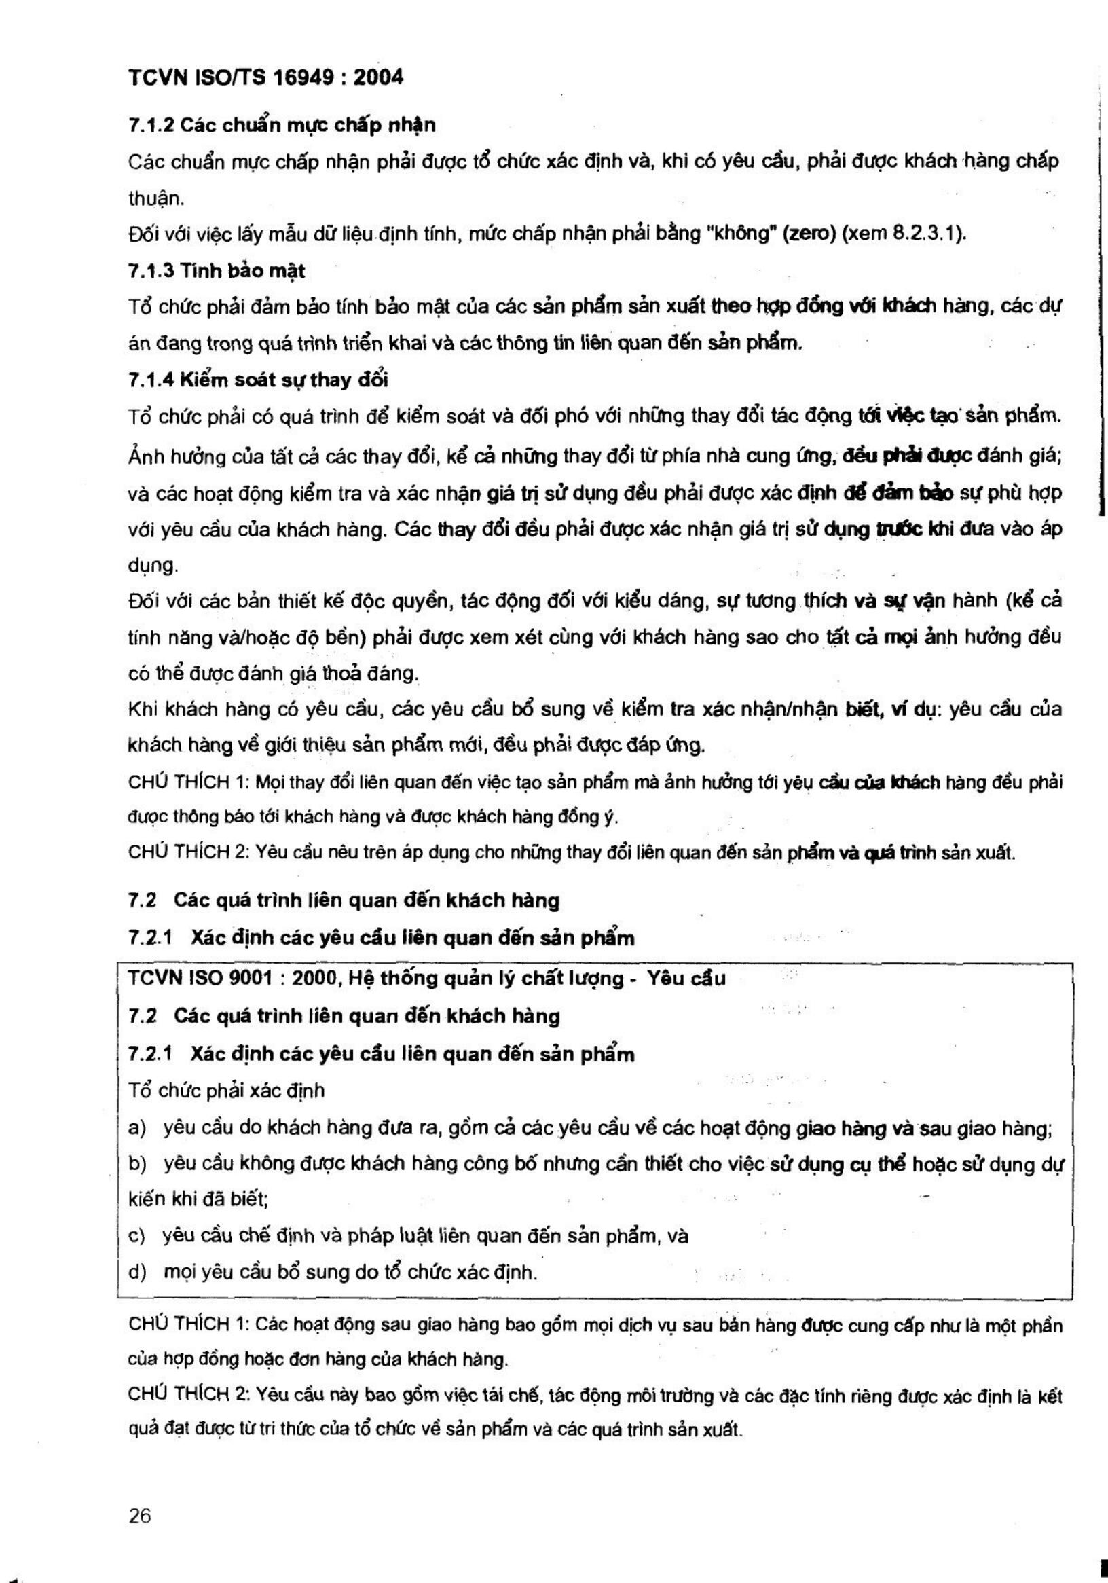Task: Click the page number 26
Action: pos(139,1516)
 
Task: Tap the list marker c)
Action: pos(136,1236)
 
